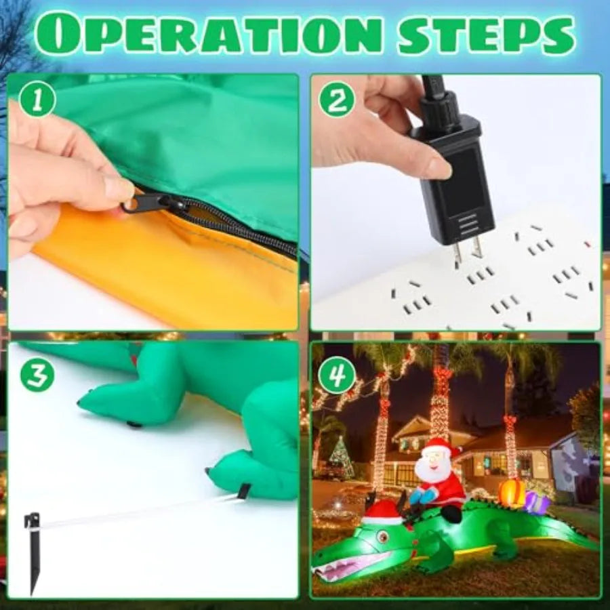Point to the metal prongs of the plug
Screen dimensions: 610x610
468,253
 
